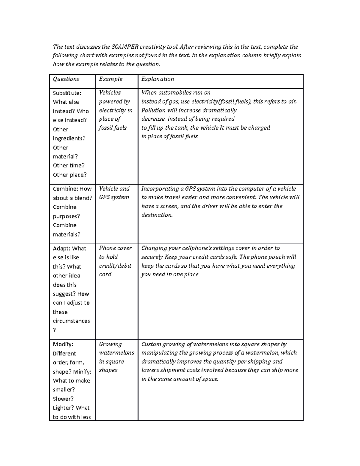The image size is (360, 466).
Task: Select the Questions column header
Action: (x=66, y=79)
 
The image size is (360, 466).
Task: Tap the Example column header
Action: (x=111, y=79)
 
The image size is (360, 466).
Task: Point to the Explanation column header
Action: (x=157, y=79)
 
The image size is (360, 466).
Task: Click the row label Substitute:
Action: (x=67, y=93)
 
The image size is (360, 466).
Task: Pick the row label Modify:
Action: (x=63, y=344)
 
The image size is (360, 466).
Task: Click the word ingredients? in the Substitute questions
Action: (x=69, y=138)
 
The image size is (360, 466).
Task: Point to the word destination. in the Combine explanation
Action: (x=157, y=215)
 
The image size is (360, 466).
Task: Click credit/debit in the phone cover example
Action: (x=115, y=266)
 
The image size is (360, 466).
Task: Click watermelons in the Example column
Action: (x=116, y=353)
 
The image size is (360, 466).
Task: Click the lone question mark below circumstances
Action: (x=54, y=330)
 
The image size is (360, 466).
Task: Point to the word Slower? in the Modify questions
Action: (x=63, y=399)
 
